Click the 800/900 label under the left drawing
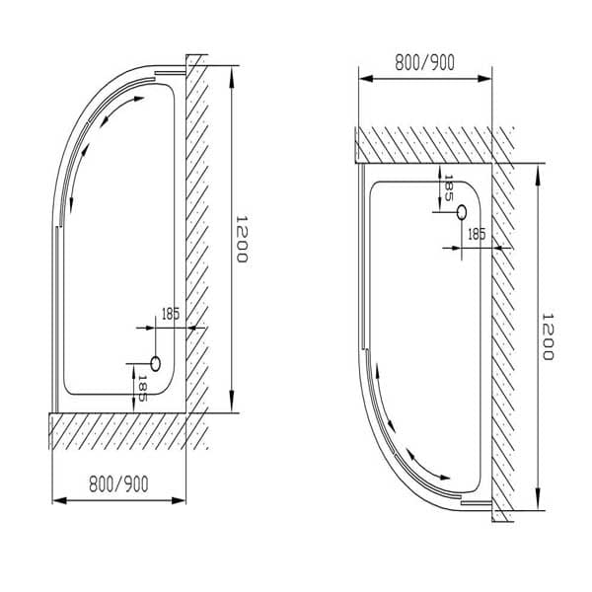coord(118,484)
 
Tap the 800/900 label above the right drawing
coord(424,62)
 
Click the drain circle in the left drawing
coord(154,363)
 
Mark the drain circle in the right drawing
coord(461,211)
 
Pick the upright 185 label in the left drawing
coord(170,315)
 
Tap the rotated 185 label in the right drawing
coord(449,187)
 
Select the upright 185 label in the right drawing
coord(476,234)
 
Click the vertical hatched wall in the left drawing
coord(196,237)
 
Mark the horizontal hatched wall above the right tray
coord(424,144)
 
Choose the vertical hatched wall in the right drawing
coord(503,335)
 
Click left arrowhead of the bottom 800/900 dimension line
coord(56,499)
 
